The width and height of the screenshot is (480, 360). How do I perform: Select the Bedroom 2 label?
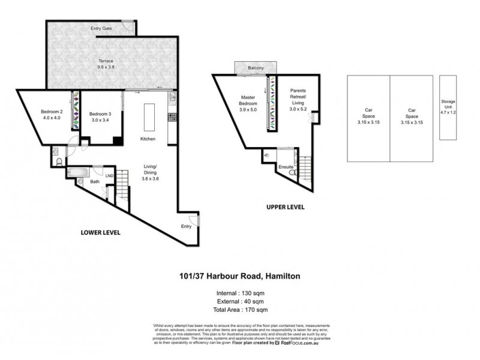coord(52,114)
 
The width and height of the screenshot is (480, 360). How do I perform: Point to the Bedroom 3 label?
coord(100,117)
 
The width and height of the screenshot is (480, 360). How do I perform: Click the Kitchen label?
coord(148,139)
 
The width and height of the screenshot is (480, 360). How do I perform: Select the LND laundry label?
coord(109,176)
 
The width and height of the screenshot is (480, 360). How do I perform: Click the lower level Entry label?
coord(187,226)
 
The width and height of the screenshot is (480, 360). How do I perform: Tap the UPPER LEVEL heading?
coord(286,207)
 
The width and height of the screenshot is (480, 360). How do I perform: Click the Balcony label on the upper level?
coord(256,68)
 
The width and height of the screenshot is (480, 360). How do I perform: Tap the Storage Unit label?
coord(448,106)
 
